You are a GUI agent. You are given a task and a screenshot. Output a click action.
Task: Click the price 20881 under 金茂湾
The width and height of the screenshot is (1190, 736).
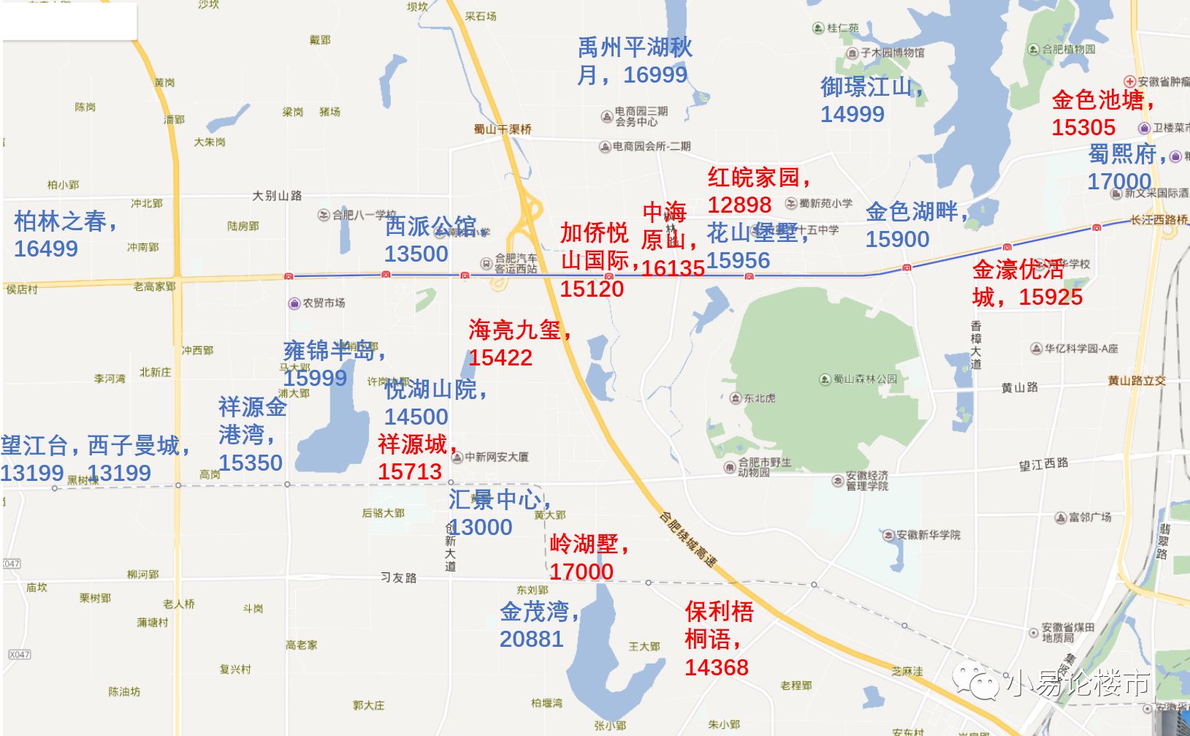pyautogui.click(x=531, y=639)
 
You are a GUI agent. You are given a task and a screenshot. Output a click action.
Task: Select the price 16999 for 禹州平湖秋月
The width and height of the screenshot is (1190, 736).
pyautogui.click(x=655, y=75)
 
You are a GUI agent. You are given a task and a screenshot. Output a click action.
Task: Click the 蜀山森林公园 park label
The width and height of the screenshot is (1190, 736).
pyautogui.click(x=865, y=379)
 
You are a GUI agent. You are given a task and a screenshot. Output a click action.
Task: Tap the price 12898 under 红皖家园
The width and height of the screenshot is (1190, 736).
pyautogui.click(x=739, y=205)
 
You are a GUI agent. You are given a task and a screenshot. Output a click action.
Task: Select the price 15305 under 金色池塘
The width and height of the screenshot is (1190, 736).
pyautogui.click(x=1083, y=127)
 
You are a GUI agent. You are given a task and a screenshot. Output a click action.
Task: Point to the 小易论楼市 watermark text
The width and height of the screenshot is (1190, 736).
pyautogui.click(x=1078, y=683)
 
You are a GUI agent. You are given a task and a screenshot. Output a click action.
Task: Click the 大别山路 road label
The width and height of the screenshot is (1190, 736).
pyautogui.click(x=277, y=196)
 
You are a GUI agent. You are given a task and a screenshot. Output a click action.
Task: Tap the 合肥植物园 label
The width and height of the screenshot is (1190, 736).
pyautogui.click(x=1068, y=49)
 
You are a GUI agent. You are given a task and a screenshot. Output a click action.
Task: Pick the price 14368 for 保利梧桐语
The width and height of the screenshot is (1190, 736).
pyautogui.click(x=717, y=667)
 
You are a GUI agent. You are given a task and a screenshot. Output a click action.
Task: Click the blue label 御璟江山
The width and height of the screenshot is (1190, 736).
pyautogui.click(x=867, y=87)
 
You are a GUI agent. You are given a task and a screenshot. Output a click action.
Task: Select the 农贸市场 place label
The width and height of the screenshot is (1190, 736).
pyautogui.click(x=324, y=303)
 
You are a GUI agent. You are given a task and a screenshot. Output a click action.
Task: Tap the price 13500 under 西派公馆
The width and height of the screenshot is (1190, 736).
pyautogui.click(x=416, y=254)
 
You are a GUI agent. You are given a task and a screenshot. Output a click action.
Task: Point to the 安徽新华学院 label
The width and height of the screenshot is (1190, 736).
pyautogui.click(x=928, y=535)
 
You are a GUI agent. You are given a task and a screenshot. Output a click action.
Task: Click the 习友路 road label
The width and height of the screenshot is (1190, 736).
pyautogui.click(x=399, y=577)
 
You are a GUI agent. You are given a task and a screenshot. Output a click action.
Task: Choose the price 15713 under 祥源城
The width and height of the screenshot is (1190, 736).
pyautogui.click(x=410, y=471)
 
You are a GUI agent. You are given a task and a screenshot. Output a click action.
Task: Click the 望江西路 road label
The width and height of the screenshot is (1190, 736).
pyautogui.click(x=1043, y=464)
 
